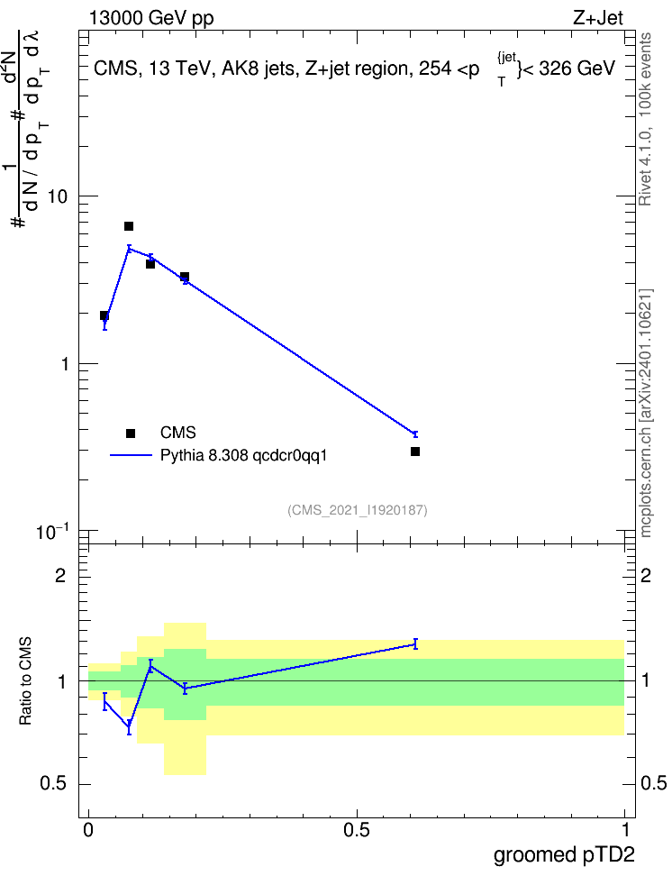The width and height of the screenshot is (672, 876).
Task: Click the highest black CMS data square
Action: pos(129,226)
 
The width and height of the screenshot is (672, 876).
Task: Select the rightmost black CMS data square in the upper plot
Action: pos(415,452)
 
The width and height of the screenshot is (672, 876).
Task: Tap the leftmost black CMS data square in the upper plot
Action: pos(104,315)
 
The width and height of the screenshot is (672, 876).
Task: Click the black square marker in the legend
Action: pos(131,433)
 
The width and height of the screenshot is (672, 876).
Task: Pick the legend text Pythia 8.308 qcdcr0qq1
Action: pos(243,456)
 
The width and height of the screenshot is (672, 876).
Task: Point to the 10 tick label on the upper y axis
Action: pos(58,196)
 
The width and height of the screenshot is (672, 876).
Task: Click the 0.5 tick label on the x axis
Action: pos(357,830)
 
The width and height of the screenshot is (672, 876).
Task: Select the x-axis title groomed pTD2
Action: pos(564,855)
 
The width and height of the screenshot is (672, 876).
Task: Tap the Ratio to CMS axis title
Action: pos(26,681)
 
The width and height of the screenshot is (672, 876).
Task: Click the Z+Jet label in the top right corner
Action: pos(598,18)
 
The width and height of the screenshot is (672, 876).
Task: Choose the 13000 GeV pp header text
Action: pos(151,19)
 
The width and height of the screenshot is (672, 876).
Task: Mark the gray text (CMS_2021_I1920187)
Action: pos(358,510)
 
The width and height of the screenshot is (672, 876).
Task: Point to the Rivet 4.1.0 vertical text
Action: pos(645,119)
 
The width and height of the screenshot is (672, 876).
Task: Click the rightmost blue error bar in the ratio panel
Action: pos(415,644)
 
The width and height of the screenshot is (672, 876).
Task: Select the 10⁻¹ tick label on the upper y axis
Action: pos(52,531)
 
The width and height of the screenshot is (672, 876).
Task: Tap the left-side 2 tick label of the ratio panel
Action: pos(60,575)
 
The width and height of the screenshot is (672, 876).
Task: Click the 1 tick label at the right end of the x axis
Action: pos(626,830)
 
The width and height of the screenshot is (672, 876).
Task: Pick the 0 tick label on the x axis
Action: pos(88,830)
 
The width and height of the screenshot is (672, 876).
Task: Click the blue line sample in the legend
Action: pos(131,456)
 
